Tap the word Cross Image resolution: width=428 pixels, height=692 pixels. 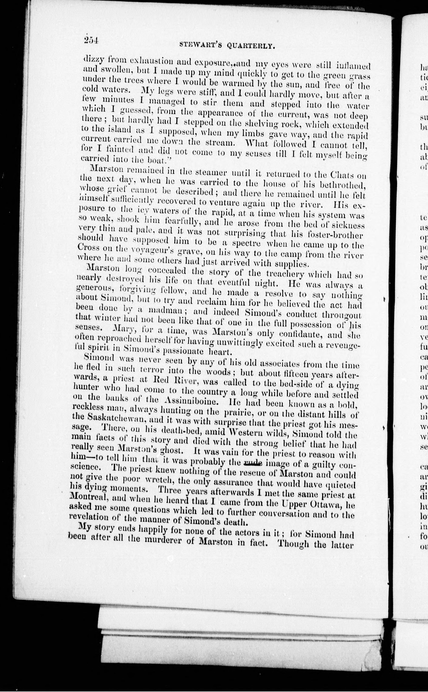[88, 247]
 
